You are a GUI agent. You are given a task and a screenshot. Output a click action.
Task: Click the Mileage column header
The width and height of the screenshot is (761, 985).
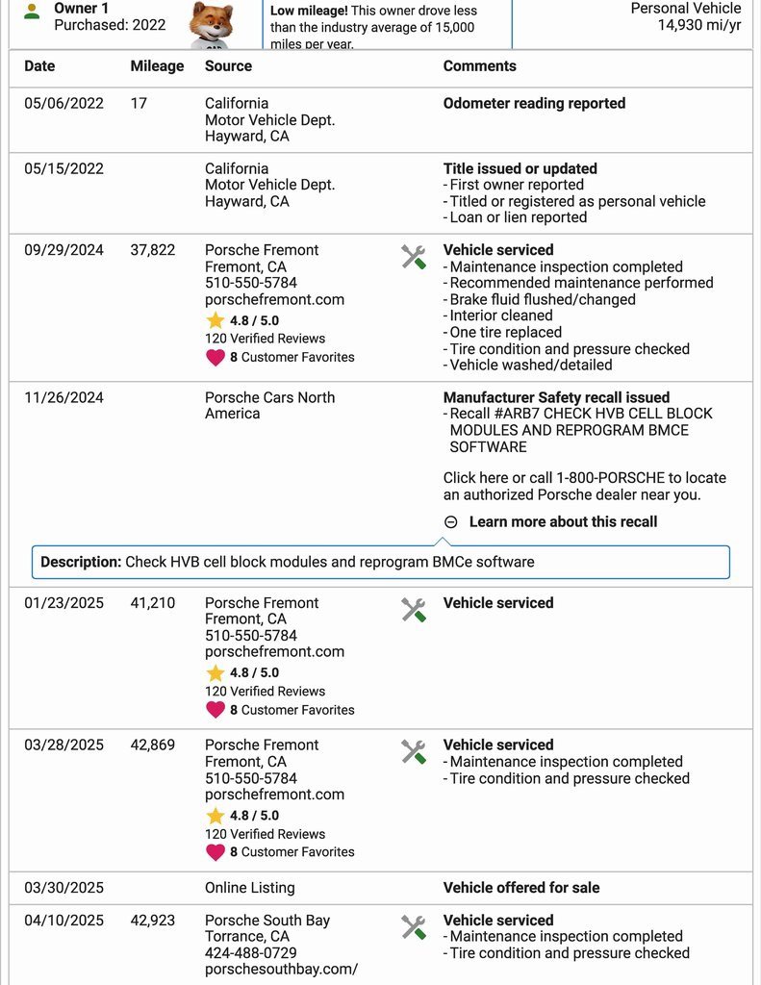tap(157, 66)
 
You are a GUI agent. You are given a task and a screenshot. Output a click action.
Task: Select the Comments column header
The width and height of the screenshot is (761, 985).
tap(479, 66)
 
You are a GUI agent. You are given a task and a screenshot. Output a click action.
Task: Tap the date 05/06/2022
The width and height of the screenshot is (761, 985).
tap(63, 104)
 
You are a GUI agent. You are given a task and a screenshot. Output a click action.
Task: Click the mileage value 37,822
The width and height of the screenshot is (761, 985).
tap(153, 250)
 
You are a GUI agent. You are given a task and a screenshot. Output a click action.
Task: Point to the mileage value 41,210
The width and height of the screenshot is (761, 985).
tap(153, 603)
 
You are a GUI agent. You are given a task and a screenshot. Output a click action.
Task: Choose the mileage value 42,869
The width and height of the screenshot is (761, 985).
tap(153, 745)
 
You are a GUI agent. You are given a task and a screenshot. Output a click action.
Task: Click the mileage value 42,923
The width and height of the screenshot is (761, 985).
tap(153, 921)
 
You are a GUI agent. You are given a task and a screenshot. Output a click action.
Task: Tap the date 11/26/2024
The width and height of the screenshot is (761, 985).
tap(63, 397)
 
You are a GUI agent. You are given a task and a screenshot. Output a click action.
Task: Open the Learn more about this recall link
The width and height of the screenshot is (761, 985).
tap(563, 522)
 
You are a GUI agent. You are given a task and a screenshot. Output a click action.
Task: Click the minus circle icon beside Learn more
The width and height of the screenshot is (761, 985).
tap(451, 522)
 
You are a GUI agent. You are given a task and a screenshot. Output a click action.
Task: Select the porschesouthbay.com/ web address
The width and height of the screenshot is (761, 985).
tap(281, 969)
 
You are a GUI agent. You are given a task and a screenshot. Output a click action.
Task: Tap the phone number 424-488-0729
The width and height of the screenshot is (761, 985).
tap(251, 952)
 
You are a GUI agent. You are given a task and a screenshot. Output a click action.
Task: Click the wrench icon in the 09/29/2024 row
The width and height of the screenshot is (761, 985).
tap(414, 256)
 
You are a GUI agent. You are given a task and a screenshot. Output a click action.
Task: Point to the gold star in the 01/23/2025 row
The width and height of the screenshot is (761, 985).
tap(216, 673)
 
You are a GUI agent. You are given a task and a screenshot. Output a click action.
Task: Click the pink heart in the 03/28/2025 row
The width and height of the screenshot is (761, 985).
tap(216, 852)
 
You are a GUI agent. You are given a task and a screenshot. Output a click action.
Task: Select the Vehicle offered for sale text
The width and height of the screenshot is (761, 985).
tap(520, 888)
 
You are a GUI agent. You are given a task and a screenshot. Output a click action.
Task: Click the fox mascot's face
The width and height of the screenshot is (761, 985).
tap(212, 20)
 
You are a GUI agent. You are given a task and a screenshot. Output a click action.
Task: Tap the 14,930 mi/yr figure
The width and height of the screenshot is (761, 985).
tap(698, 25)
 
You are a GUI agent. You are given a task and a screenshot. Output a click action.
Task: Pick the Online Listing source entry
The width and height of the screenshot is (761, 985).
tap(249, 888)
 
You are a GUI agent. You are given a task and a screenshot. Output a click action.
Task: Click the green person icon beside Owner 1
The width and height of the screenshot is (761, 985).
tap(32, 12)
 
